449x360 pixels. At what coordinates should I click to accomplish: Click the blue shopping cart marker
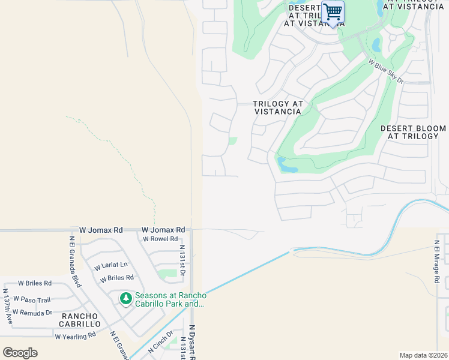pos(333,13)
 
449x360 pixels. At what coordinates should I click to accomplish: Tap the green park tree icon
pos(125,298)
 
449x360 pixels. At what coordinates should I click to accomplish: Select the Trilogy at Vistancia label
pos(277,107)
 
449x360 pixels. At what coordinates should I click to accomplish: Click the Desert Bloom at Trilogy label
pos(413,133)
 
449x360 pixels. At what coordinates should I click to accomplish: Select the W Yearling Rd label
pos(75,336)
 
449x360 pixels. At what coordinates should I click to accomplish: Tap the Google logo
pos(20,352)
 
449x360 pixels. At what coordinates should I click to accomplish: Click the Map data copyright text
pos(423,355)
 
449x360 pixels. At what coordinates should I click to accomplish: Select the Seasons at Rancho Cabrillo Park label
pos(170,299)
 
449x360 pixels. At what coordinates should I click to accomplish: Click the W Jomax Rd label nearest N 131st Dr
pos(163,230)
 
